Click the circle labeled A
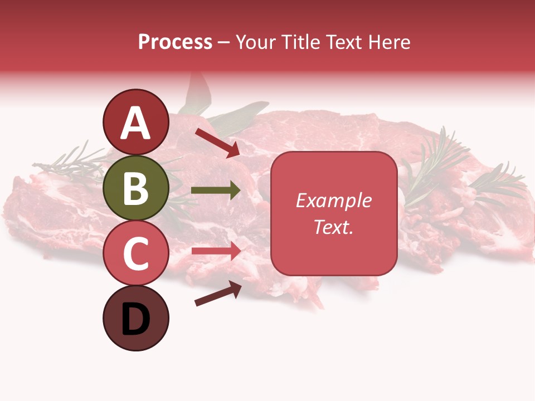tap(135, 122)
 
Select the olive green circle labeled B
tap(135, 188)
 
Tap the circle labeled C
tap(135, 253)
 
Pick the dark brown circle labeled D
tap(135, 318)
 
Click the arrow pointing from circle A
tap(217, 143)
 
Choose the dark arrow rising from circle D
tap(218, 294)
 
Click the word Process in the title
tap(175, 42)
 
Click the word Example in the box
tap(333, 200)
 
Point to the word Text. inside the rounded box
tap(333, 227)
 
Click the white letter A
tap(135, 123)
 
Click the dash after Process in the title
tap(224, 42)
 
